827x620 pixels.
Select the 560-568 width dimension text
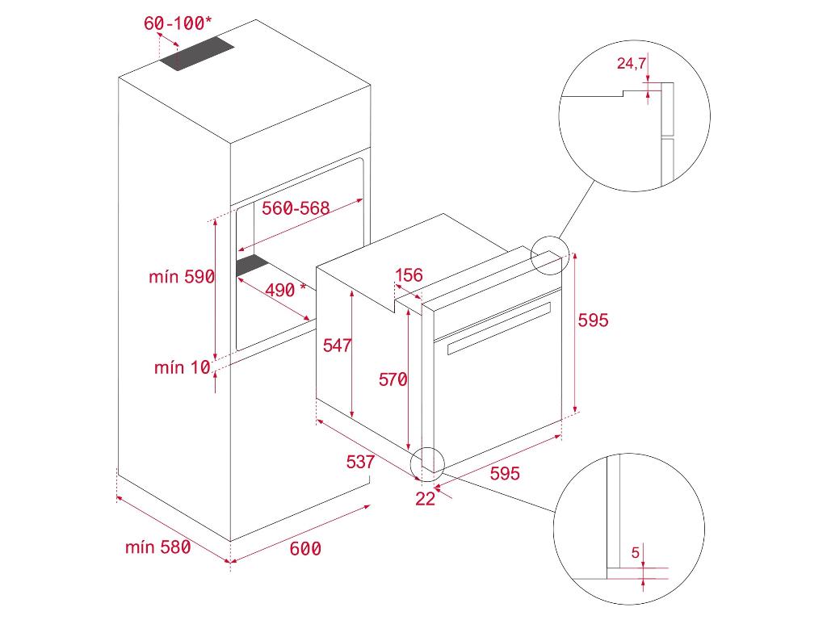click(296, 208)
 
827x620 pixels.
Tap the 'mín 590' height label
click(182, 277)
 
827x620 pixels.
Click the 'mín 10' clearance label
click(182, 368)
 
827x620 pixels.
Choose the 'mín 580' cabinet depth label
click(158, 547)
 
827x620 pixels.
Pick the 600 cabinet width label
click(305, 549)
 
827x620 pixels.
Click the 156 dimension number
click(409, 275)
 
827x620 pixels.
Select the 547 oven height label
click(337, 346)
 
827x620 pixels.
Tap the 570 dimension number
click(393, 379)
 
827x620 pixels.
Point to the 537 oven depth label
click(360, 462)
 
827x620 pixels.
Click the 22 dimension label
click(425, 499)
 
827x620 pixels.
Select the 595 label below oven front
click(505, 473)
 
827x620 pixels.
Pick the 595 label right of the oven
click(593, 320)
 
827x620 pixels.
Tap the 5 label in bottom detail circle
click(636, 553)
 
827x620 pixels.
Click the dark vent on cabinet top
click(196, 56)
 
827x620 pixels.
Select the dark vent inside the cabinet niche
click(252, 266)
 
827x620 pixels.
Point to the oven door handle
click(497, 328)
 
